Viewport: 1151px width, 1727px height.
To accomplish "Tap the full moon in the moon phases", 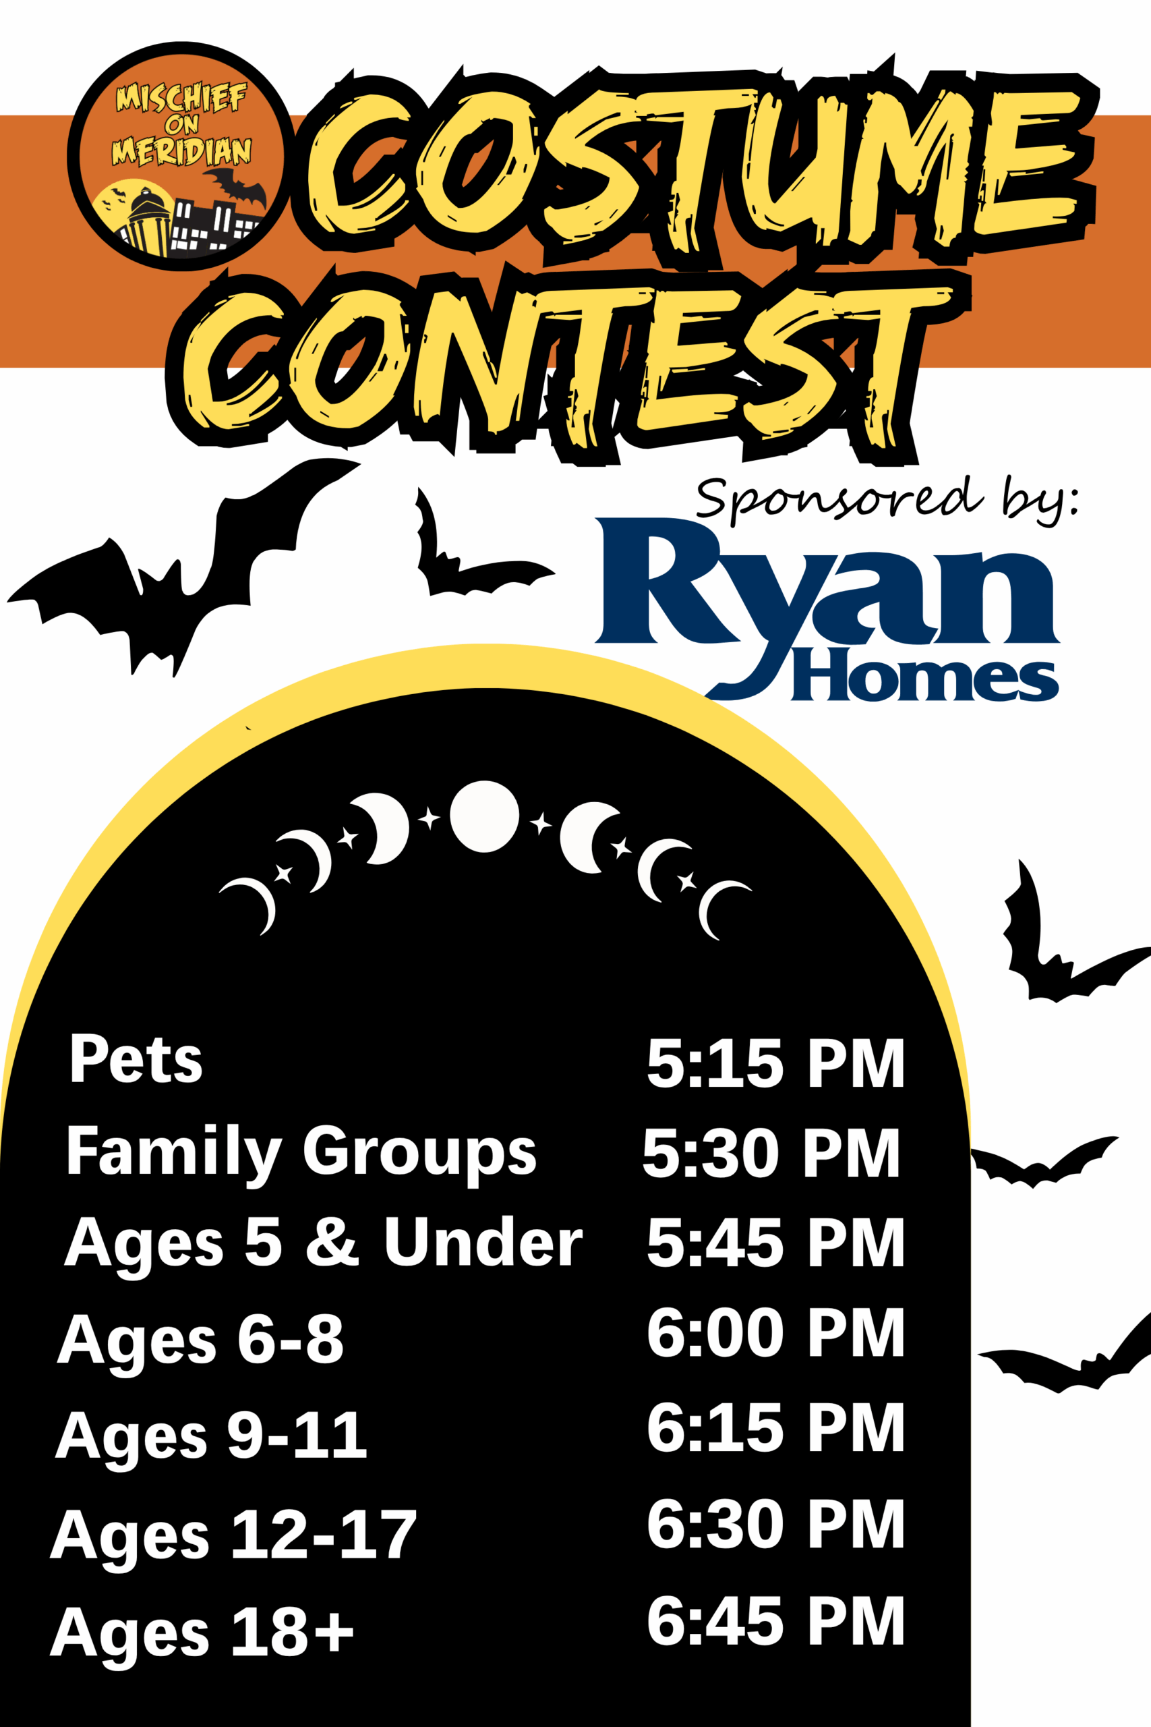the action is tap(485, 816).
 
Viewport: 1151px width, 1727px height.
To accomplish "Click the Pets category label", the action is tap(136, 1059).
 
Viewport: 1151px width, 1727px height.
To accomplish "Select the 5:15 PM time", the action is tap(775, 1063).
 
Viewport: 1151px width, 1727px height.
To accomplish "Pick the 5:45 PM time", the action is tap(775, 1243).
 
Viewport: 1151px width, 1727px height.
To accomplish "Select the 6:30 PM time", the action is tap(775, 1525).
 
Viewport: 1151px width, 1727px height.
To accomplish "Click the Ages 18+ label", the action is tap(202, 1632).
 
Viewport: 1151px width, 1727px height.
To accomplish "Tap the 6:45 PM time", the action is tap(775, 1620).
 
